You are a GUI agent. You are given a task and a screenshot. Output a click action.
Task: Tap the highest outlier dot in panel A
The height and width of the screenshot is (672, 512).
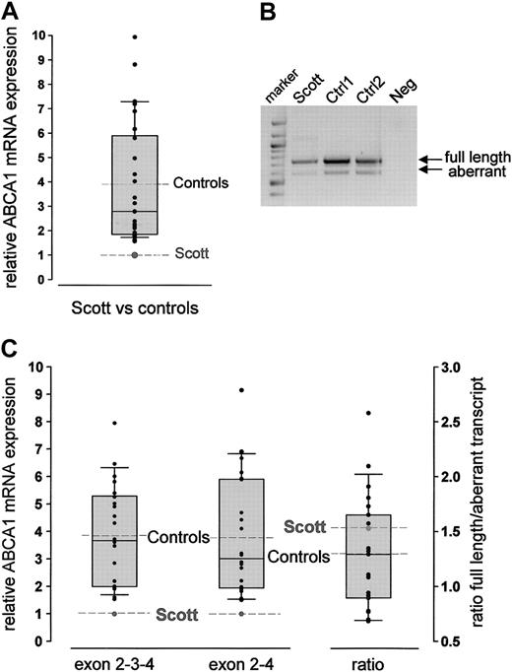tap(135, 37)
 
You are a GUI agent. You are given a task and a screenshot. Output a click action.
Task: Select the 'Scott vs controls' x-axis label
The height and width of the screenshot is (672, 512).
tap(135, 308)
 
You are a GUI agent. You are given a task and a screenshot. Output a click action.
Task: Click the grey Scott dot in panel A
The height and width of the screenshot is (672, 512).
tap(135, 255)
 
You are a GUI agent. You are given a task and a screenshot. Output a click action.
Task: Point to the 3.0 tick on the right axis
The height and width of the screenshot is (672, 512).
tap(445, 367)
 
